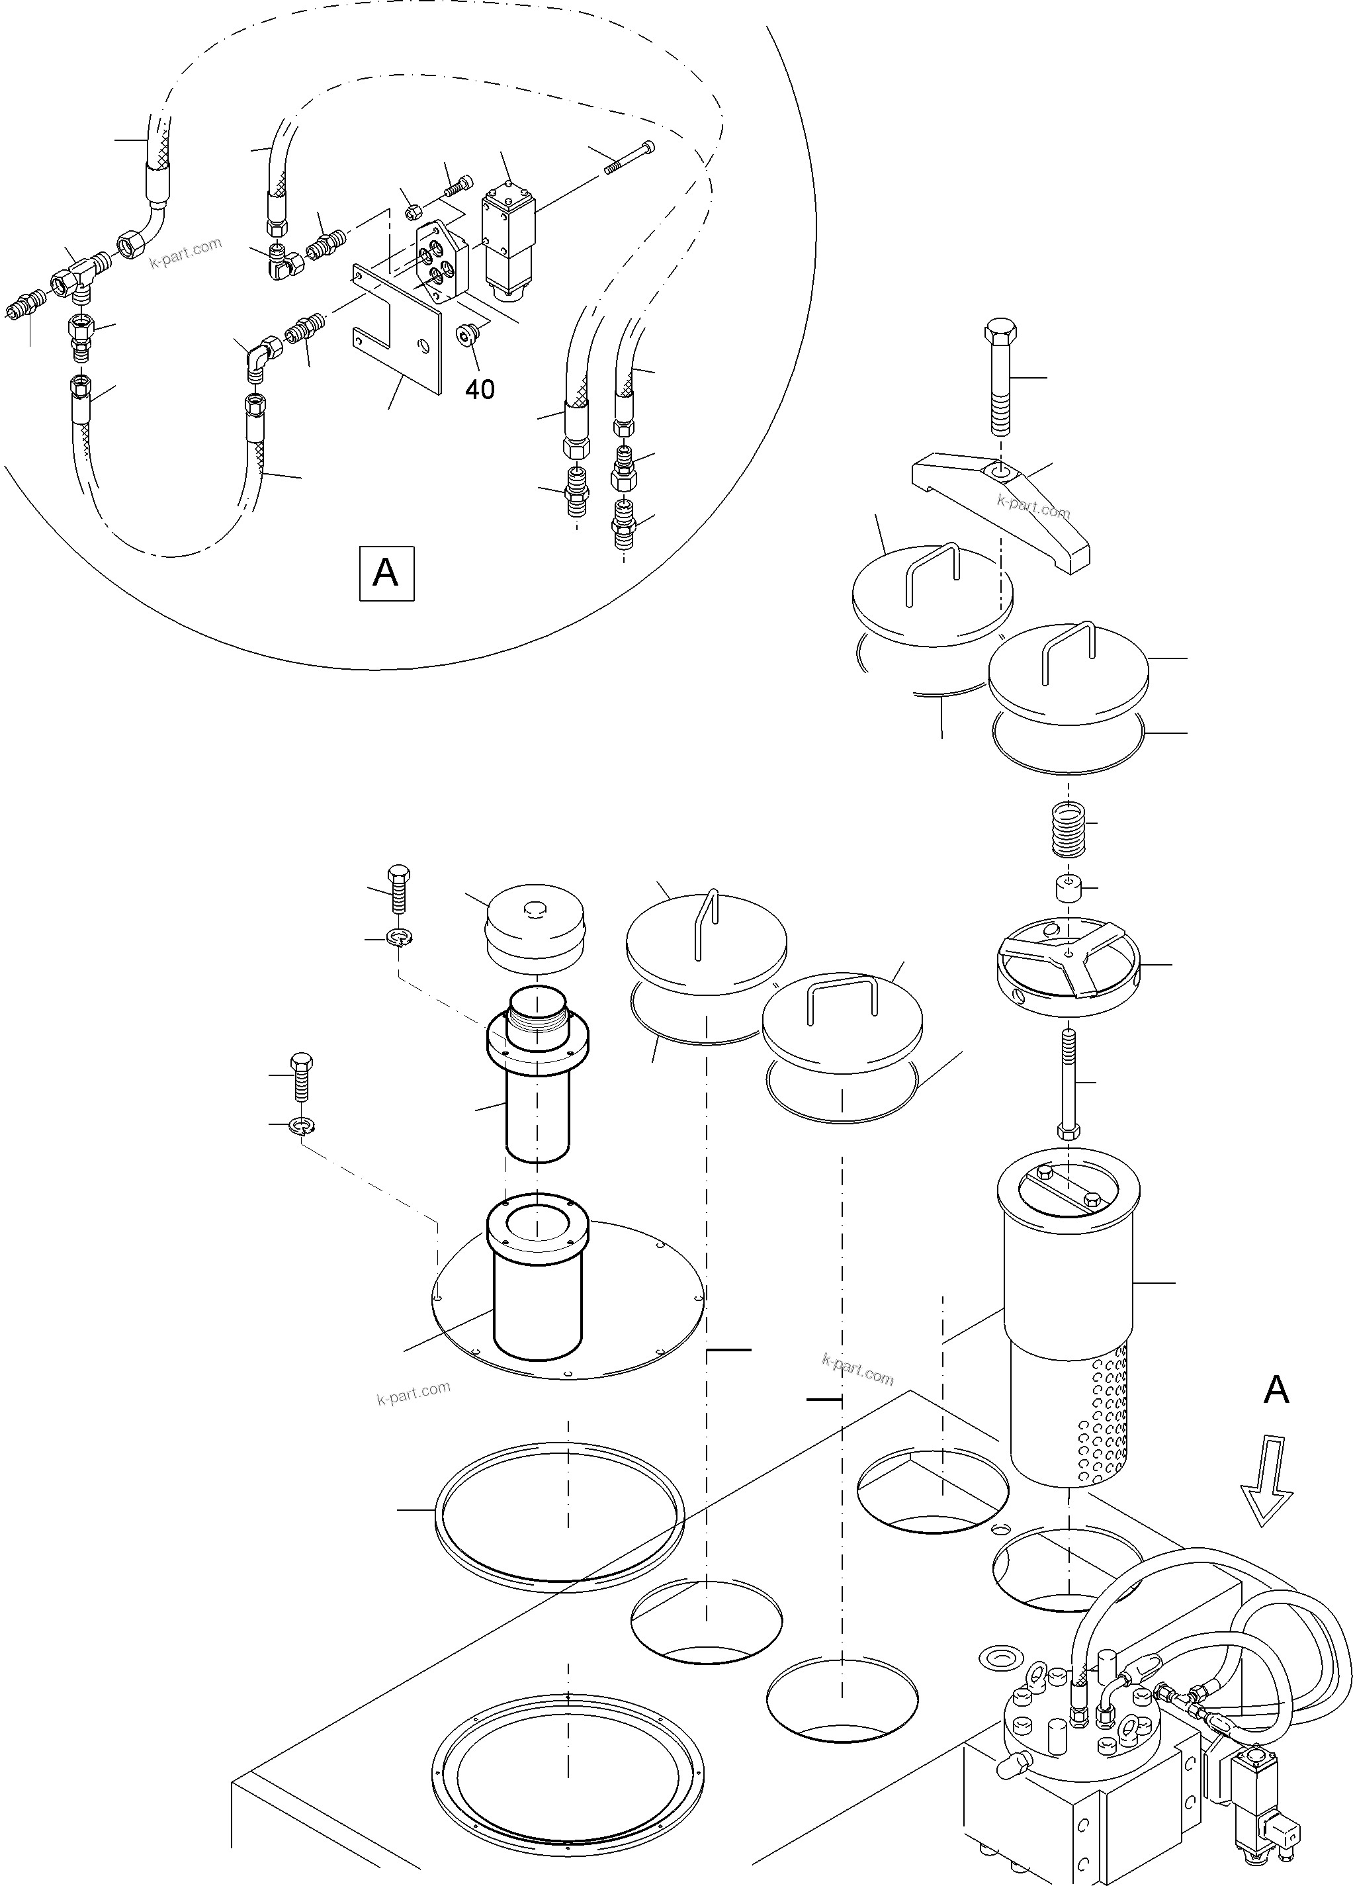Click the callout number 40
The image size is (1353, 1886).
click(x=480, y=388)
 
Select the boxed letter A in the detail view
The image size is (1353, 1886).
click(x=386, y=573)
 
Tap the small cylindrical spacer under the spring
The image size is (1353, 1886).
click(x=1067, y=889)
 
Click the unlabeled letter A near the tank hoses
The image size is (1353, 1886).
click(x=1276, y=1390)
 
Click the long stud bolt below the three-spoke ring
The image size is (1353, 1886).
click(x=1068, y=1082)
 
